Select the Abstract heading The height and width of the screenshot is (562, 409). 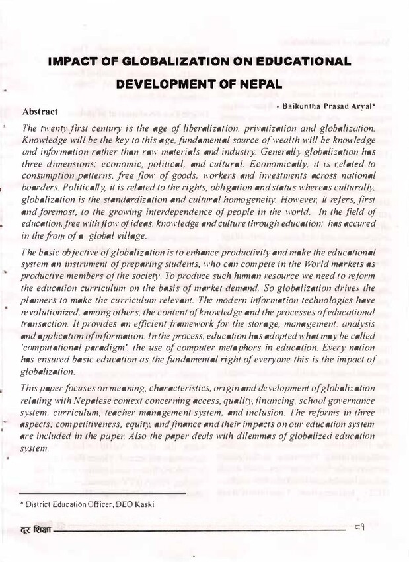coord(40,110)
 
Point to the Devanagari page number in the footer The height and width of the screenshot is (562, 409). coord(360,529)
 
